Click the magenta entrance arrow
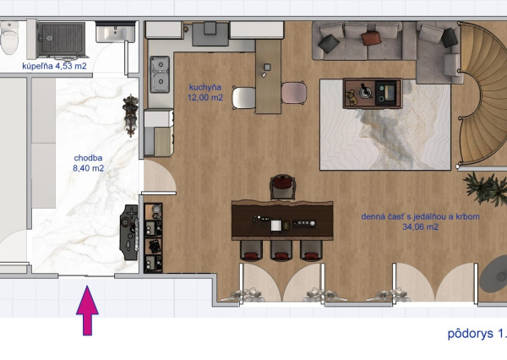pyautogui.click(x=87, y=310)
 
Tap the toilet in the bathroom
pyautogui.click(x=8, y=38)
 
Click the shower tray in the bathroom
pyautogui.click(x=61, y=40)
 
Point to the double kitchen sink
pyautogui.click(x=160, y=74)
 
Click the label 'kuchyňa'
pyautogui.click(x=205, y=87)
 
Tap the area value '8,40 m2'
pyautogui.click(x=88, y=168)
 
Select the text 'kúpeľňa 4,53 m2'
pyautogui.click(x=54, y=66)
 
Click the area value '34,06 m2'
pyautogui.click(x=420, y=227)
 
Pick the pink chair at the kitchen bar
pyautogui.click(x=294, y=92)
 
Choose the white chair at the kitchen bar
pyautogui.click(x=244, y=98)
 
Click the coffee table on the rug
pyautogui.click(x=373, y=93)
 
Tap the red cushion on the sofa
pyautogui.click(x=369, y=38)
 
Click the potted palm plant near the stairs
pyautogui.click(x=486, y=189)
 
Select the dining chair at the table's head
pyautogui.click(x=282, y=187)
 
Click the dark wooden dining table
pyautogui.click(x=282, y=220)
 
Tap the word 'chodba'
pyautogui.click(x=88, y=158)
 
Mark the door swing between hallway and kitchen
pyautogui.click(x=160, y=177)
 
